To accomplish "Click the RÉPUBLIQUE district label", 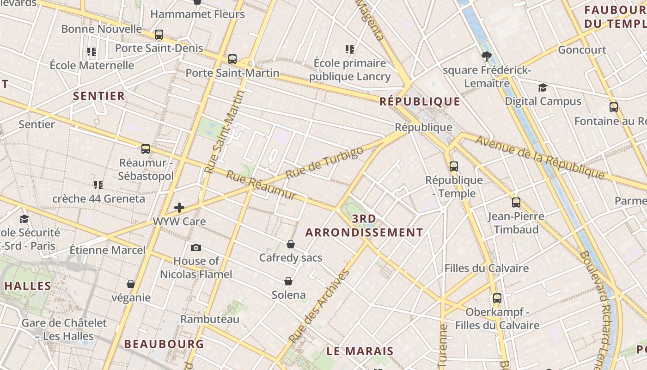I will pos(420,102).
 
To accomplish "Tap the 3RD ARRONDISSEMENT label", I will pos(364,226).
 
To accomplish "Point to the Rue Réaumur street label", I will pos(261,185).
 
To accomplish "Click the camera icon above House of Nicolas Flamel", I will pos(196,248).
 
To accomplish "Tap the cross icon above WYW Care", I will pos(179,208).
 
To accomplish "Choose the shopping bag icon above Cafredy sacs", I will pos(291,244).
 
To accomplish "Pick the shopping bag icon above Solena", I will pos(288,281).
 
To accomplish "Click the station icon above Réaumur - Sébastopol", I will pos(146,149).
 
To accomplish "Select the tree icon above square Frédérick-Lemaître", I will pos(486,57).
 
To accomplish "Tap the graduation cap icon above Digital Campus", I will pos(543,88).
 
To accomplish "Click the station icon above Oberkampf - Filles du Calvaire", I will pos(497,298).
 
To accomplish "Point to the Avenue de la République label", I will pos(539,157).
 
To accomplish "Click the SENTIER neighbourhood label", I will pos(99,96).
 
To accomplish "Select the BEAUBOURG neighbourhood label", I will pos(164,344).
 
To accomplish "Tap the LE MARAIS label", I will pos(360,351).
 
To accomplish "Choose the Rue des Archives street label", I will pos(319,305).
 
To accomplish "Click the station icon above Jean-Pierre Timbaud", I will pos(516,203).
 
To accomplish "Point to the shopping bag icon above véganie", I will pos(131,284).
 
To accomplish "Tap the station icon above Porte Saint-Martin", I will pos(232,59).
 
